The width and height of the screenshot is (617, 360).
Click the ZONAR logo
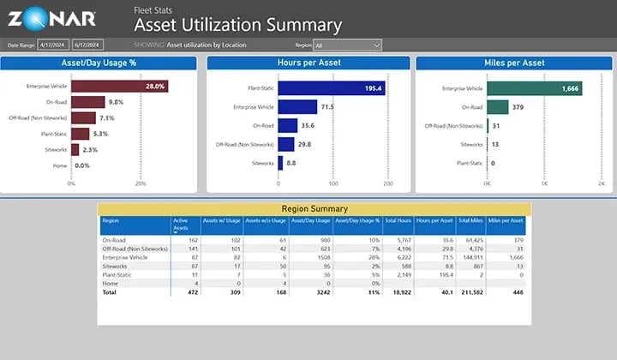point(53,18)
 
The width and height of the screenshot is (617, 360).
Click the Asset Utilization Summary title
point(237,26)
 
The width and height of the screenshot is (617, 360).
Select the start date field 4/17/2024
point(53,45)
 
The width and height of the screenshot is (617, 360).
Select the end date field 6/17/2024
point(87,45)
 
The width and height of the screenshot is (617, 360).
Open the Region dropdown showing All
point(347,45)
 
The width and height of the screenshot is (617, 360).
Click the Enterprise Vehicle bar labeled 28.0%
point(119,87)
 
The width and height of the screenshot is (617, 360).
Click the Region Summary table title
point(314,208)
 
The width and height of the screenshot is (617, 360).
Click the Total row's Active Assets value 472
point(192,291)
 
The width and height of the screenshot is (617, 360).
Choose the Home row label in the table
point(109,283)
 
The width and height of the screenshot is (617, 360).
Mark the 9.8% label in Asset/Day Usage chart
point(117,102)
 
